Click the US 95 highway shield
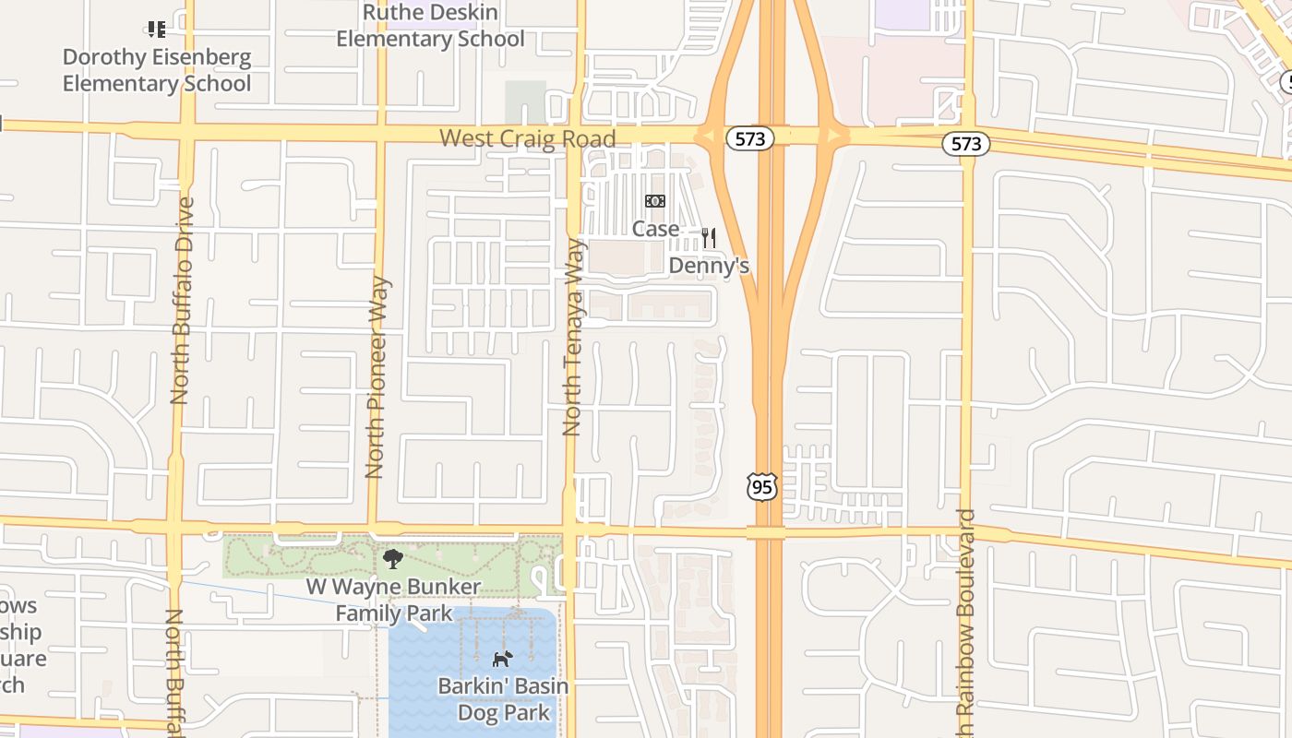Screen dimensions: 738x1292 (x=762, y=486)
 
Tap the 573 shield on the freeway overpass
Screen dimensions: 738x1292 (x=749, y=138)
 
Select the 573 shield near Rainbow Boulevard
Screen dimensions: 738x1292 (x=966, y=143)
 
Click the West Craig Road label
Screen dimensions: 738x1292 (x=527, y=138)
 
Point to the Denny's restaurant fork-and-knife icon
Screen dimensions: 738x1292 (x=709, y=238)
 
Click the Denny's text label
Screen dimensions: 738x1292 (x=708, y=266)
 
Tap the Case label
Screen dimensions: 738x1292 (x=655, y=228)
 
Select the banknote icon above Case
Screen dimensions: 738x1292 (x=655, y=201)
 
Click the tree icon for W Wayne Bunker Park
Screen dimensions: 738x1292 (x=392, y=558)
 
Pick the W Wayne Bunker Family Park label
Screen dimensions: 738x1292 (x=394, y=600)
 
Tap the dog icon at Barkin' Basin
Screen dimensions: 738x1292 (x=502, y=659)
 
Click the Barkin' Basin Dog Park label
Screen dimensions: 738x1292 (x=503, y=699)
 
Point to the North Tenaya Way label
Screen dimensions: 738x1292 (x=574, y=337)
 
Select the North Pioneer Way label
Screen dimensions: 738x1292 (x=375, y=377)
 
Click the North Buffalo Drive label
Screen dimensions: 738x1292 (x=181, y=300)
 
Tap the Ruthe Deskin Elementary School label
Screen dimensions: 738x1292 (x=430, y=26)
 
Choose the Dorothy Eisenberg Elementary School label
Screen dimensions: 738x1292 (x=157, y=70)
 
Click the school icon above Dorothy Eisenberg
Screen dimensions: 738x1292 (x=157, y=30)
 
